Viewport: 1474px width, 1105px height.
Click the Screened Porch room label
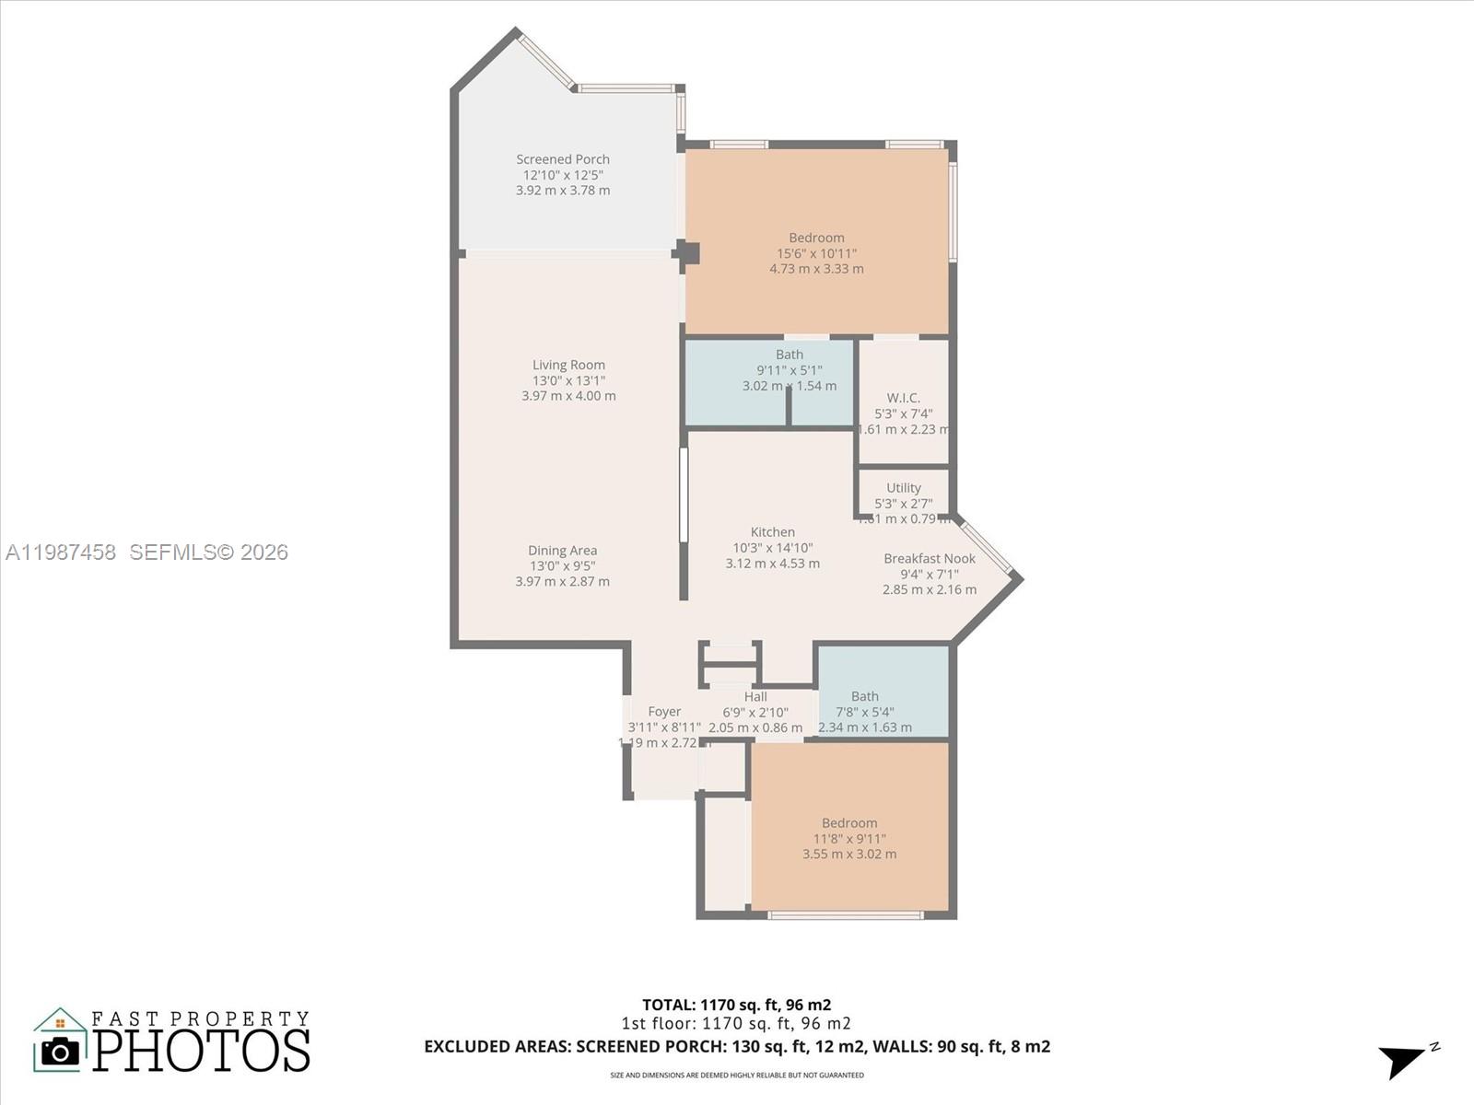563,159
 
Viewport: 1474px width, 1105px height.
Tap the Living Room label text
568,365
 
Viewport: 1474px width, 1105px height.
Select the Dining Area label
562,551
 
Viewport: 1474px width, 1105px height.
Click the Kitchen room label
772,532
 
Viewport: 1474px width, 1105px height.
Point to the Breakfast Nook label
929,558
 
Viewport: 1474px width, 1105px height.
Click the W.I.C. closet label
903,398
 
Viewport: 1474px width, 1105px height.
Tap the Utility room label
903,488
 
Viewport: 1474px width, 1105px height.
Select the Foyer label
664,712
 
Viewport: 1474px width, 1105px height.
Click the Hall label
755,697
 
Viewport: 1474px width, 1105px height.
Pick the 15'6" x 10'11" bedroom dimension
816,253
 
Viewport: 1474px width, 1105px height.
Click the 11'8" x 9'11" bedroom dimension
848,839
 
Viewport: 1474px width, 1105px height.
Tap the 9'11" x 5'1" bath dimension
790,370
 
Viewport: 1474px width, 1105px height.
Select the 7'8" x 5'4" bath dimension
864,712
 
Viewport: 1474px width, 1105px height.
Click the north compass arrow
1404,1060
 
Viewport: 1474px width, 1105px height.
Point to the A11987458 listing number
61,552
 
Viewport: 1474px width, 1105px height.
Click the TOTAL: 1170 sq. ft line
736,1005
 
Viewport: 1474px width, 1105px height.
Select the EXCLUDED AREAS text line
736,1046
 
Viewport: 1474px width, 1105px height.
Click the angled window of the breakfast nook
986,547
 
